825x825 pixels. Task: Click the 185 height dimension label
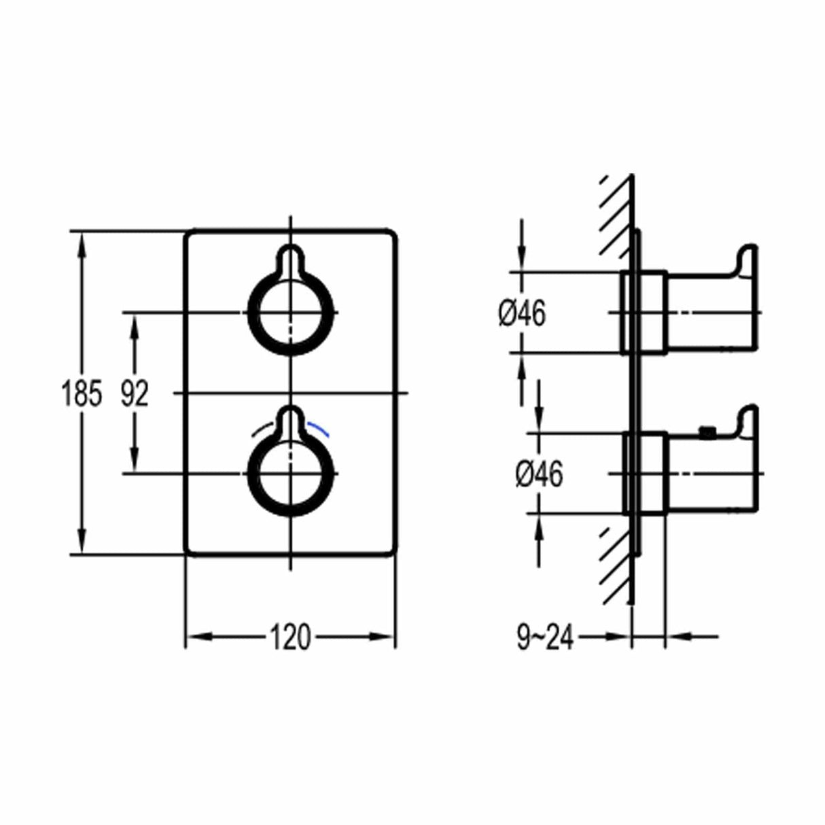click(x=82, y=394)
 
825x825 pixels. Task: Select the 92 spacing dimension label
click(x=134, y=394)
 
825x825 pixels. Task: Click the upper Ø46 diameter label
click(x=522, y=313)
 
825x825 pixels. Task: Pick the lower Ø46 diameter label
click(x=539, y=474)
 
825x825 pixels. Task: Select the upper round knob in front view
click(x=292, y=313)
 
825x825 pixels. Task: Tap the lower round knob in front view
click(x=292, y=473)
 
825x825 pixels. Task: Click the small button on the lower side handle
click(x=707, y=430)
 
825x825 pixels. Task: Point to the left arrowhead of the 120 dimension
click(x=197, y=637)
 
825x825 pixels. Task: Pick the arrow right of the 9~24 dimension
click(x=680, y=637)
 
